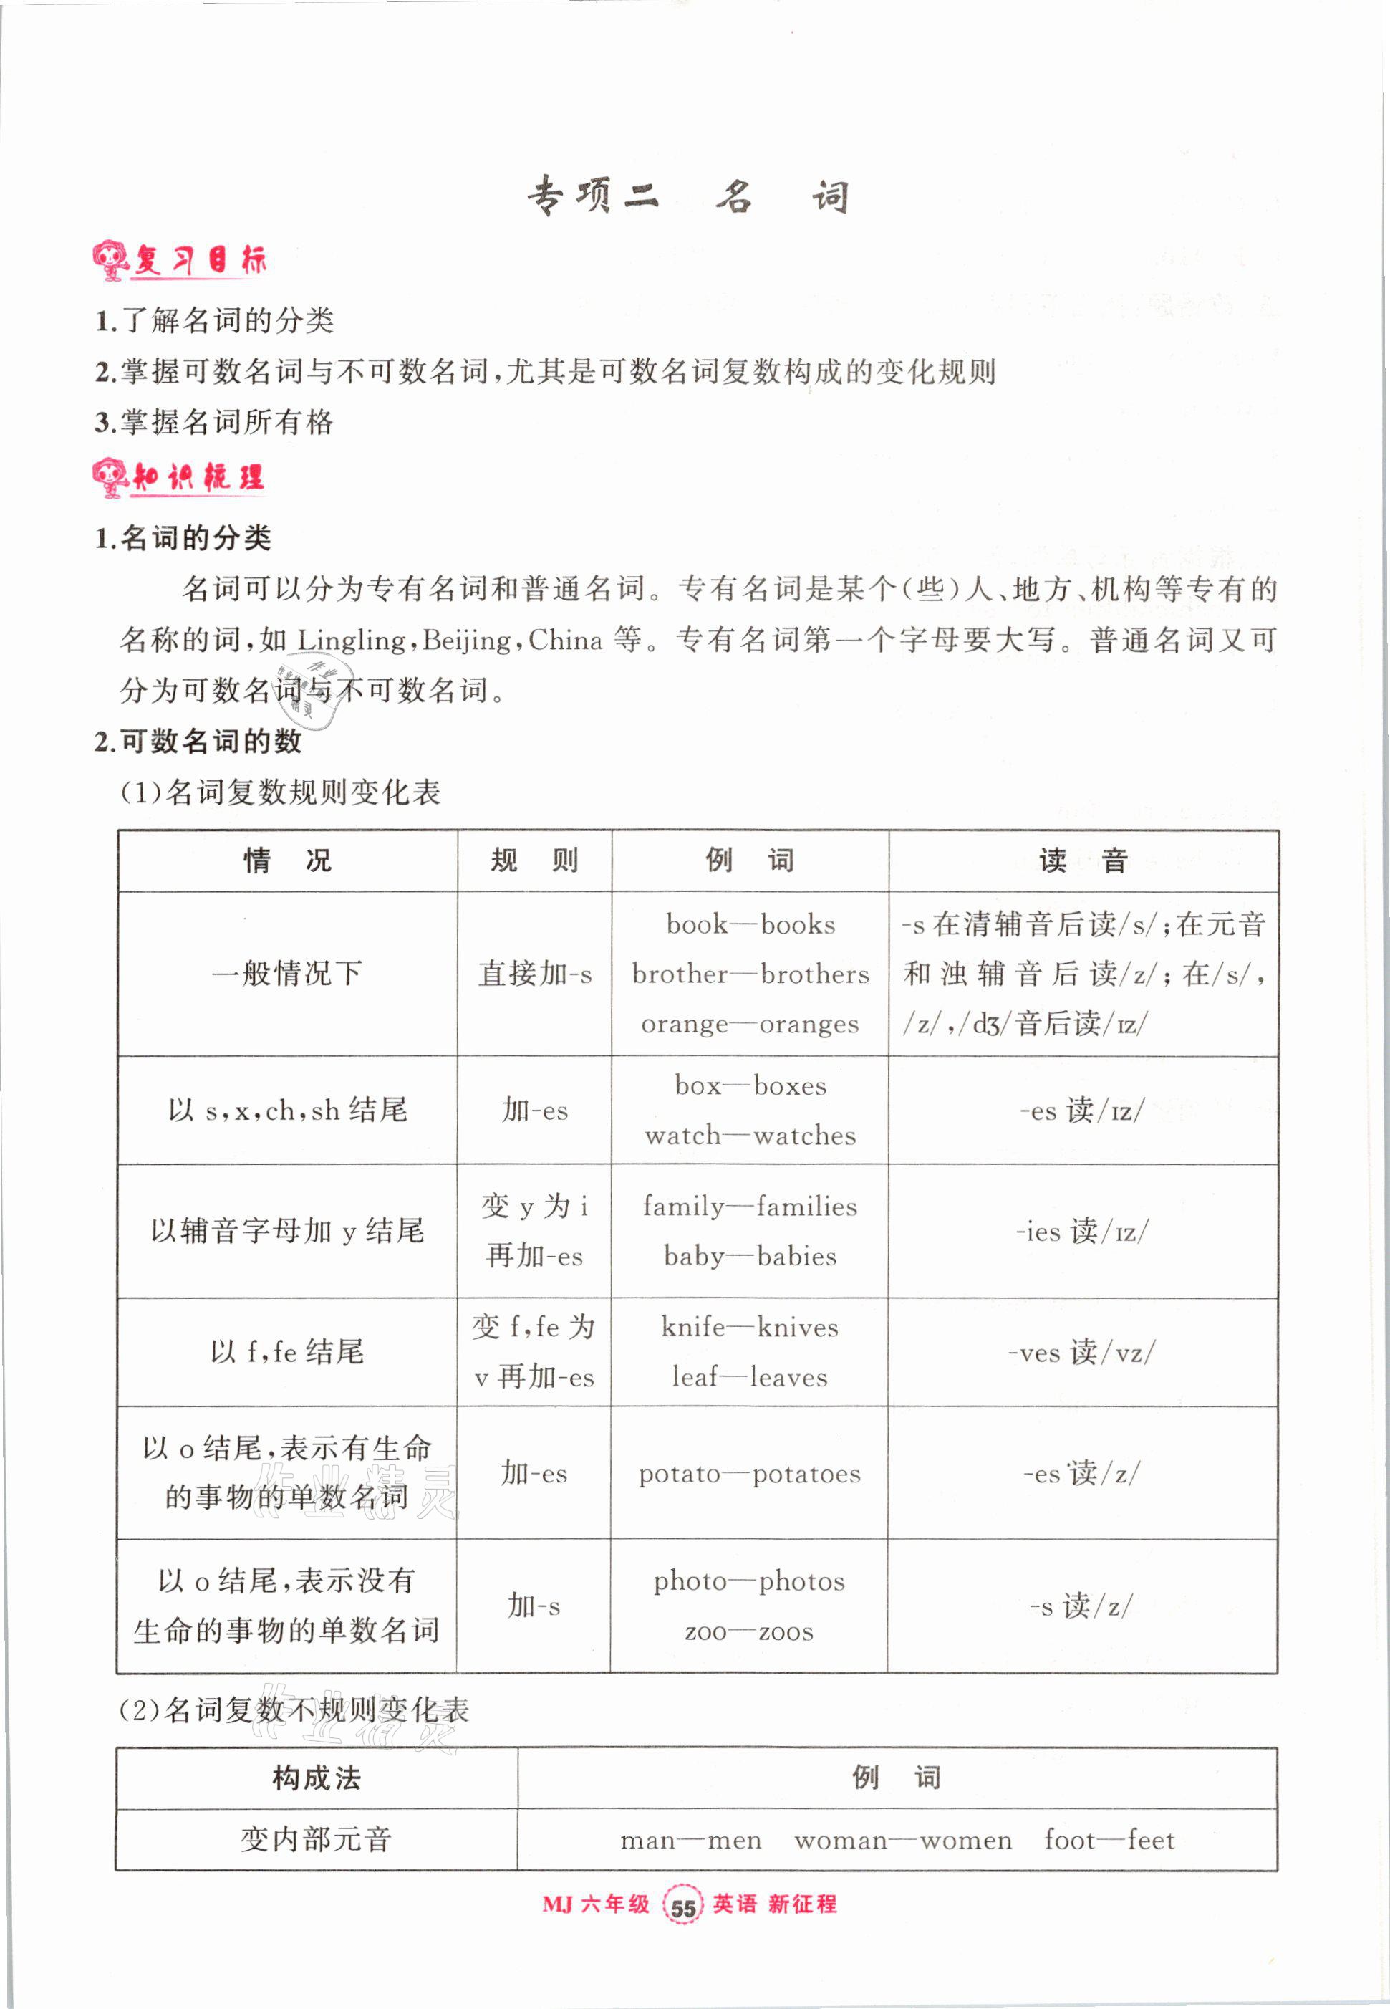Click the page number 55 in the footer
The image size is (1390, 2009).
(x=682, y=1907)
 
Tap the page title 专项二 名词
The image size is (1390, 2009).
(x=687, y=197)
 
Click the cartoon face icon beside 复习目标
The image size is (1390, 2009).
(x=110, y=259)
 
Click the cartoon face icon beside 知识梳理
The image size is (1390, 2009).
(x=110, y=476)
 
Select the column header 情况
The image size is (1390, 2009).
(x=287, y=860)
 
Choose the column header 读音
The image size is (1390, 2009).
(x=1083, y=860)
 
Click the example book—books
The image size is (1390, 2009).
(x=750, y=924)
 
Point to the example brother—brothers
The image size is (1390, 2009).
(x=750, y=974)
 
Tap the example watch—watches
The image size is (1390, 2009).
(x=750, y=1135)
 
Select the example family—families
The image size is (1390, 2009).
(x=750, y=1206)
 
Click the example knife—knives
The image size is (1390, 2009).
(x=750, y=1327)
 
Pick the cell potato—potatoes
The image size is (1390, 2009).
(x=750, y=1474)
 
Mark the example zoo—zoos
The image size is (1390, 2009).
(x=750, y=1631)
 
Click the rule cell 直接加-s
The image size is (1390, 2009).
(x=535, y=974)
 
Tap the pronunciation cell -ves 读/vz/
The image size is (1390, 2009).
(x=1081, y=1352)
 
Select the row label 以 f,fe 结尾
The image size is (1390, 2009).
(x=286, y=1352)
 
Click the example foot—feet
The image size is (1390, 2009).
(x=1109, y=1840)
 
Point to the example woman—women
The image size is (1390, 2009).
(x=903, y=1840)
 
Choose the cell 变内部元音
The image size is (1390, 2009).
(x=316, y=1840)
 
